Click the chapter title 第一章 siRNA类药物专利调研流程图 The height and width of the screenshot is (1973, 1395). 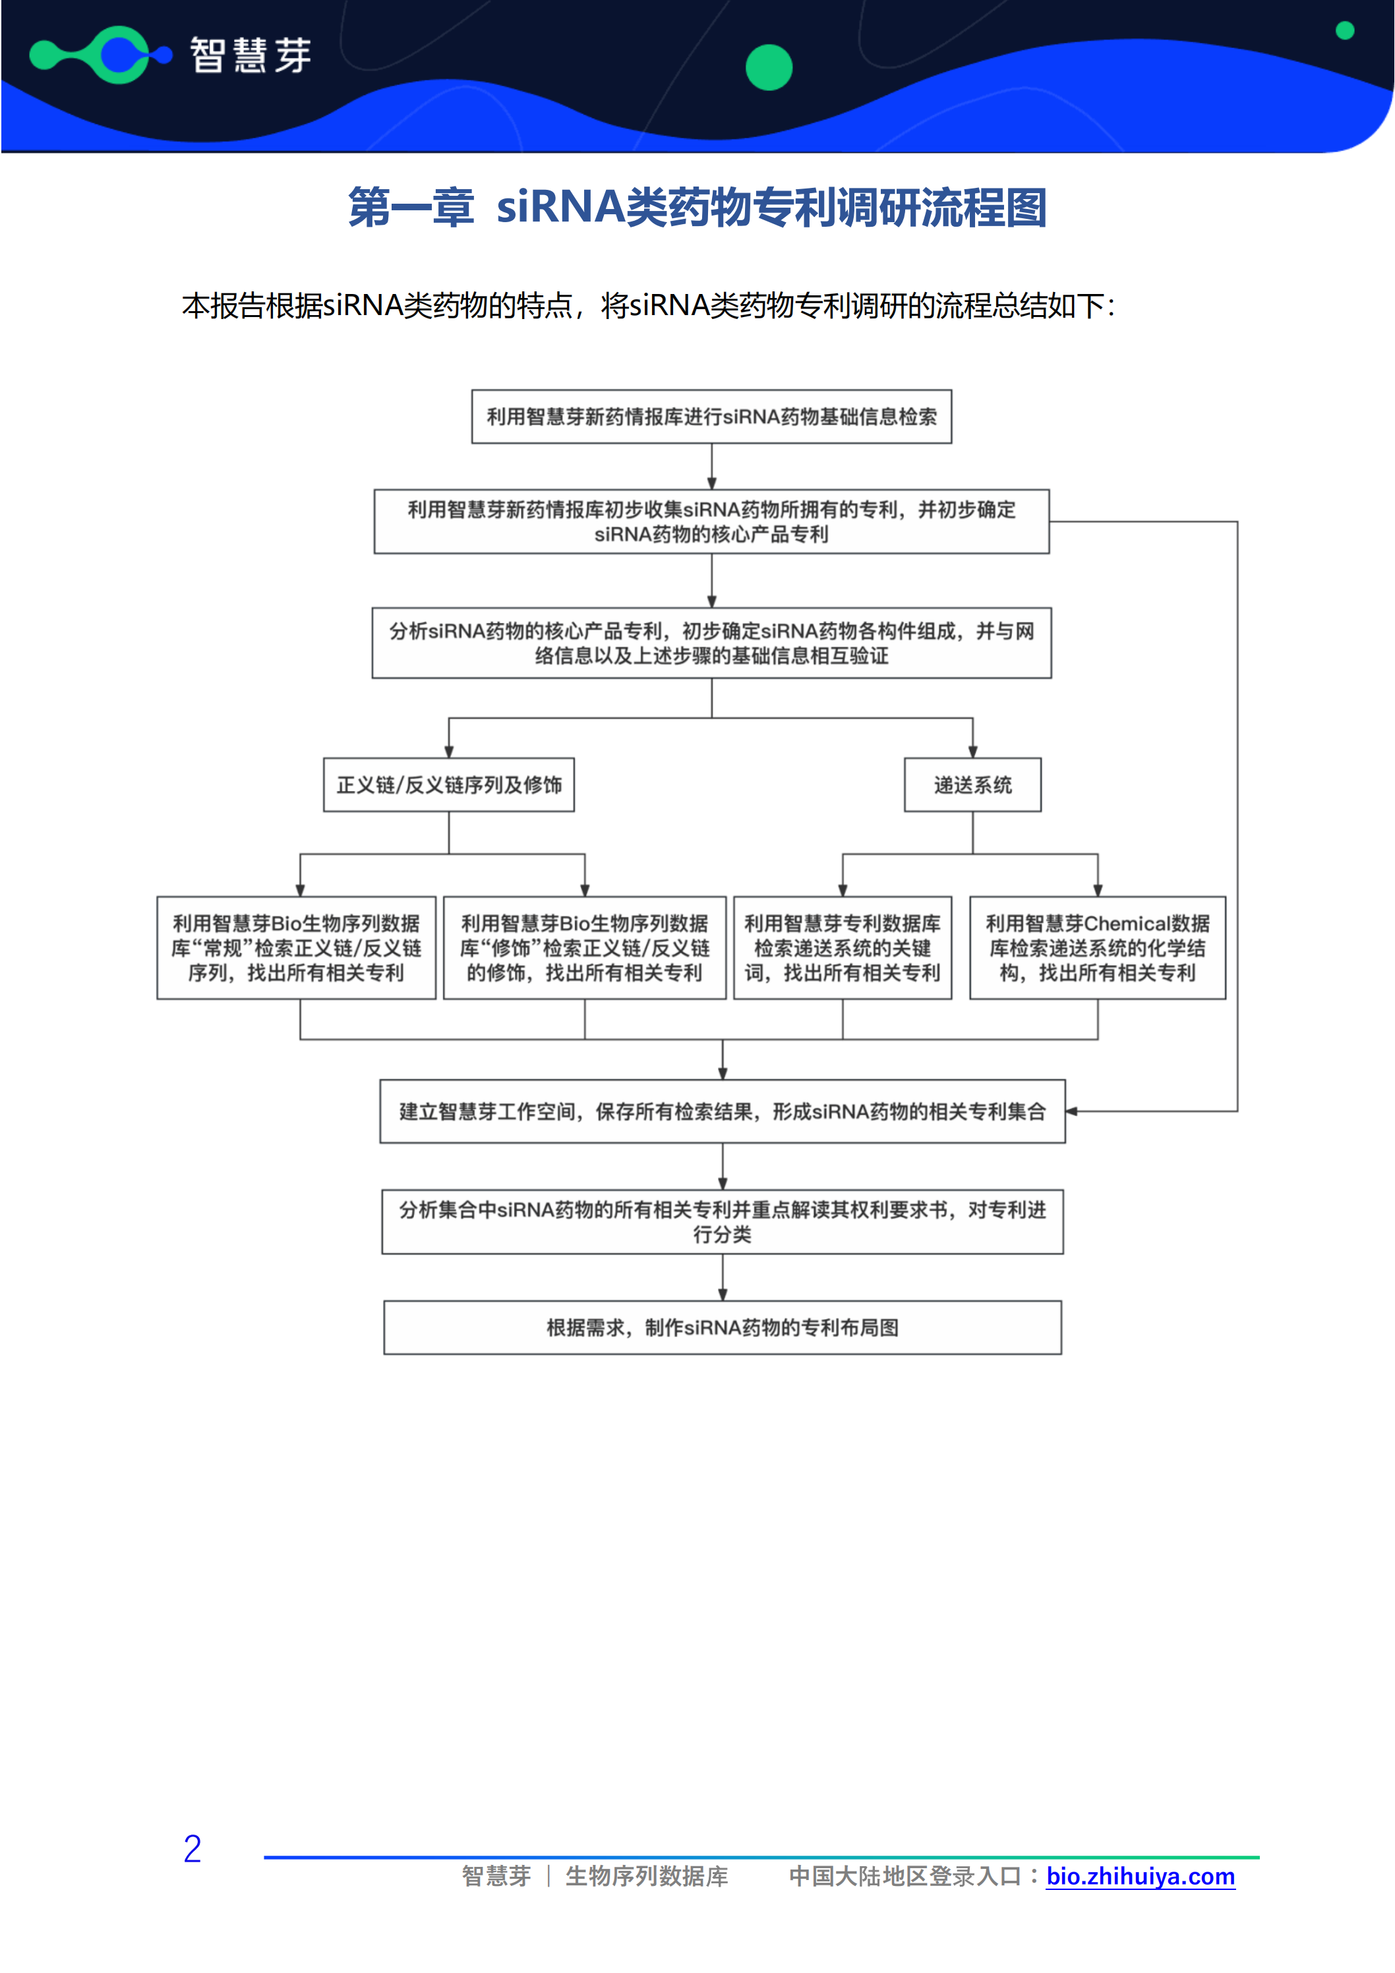[697, 208]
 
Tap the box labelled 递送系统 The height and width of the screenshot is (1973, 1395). [972, 784]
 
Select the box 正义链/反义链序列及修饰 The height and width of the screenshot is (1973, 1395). [449, 784]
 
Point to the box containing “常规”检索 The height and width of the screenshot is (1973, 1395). [297, 948]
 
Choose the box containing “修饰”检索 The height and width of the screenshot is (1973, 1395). [585, 948]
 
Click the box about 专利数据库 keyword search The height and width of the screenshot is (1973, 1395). [843, 948]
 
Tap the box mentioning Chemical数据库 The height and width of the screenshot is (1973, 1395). [1097, 948]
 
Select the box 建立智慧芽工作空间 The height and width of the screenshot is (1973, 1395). [722, 1111]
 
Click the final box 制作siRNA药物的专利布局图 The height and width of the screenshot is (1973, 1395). [722, 1328]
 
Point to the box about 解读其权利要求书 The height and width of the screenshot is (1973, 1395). [722, 1221]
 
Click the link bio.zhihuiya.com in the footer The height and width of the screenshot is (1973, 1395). [1140, 1876]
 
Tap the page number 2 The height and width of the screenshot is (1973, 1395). [193, 1849]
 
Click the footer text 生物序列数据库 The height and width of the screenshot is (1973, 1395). [646, 1876]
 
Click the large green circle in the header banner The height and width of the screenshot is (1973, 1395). [769, 67]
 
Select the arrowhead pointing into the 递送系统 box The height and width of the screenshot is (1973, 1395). [972, 752]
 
